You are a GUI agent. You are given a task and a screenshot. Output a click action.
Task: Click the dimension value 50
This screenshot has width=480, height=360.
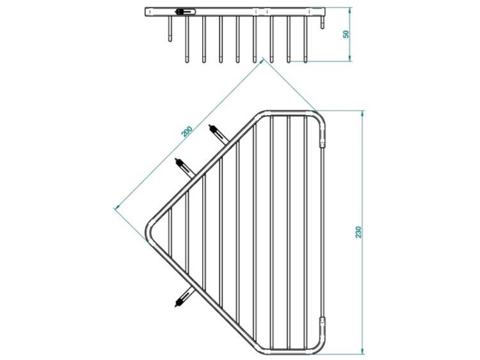click(x=346, y=35)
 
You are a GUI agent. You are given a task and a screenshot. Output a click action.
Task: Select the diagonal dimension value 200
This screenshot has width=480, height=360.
click(x=187, y=131)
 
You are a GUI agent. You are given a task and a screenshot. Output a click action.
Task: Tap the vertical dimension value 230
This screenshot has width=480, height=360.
click(x=358, y=232)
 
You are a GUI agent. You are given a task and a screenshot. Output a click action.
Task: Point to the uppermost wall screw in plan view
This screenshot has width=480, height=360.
click(x=219, y=134)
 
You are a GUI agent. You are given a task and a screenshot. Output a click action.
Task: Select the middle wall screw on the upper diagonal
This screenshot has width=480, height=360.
click(x=185, y=167)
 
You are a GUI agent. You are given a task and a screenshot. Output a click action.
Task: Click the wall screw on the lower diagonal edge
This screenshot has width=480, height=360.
click(x=184, y=297)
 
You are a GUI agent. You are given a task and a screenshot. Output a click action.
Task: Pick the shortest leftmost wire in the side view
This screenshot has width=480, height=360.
click(x=170, y=28)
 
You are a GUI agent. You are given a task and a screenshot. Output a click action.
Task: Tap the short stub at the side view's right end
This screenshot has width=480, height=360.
click(x=322, y=22)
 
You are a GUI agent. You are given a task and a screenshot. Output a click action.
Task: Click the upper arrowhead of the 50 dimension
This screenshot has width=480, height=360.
click(x=350, y=10)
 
